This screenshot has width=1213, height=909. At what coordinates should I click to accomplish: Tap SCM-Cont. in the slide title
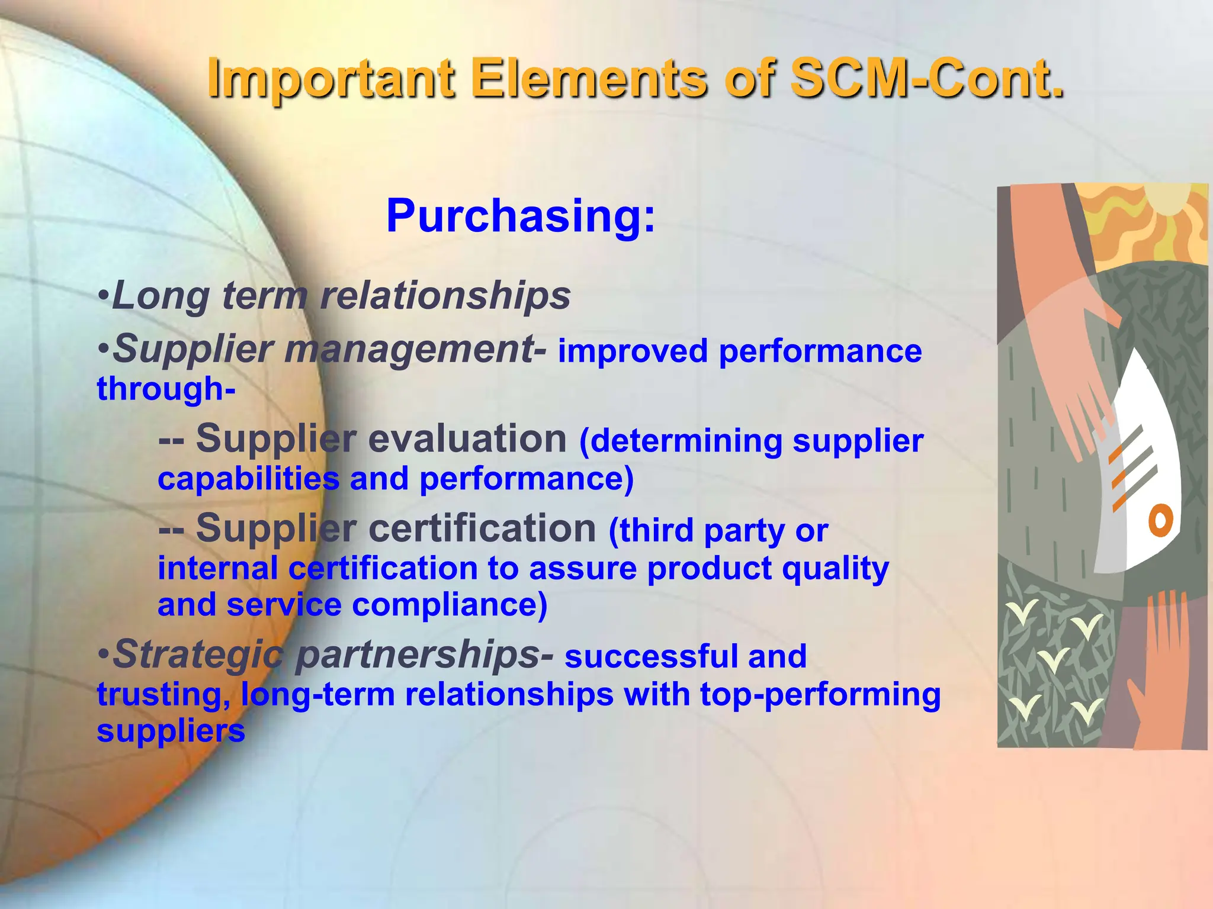click(x=927, y=79)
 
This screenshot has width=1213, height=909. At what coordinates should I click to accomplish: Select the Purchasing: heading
click(x=521, y=216)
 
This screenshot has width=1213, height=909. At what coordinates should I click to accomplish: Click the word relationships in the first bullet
click(x=445, y=295)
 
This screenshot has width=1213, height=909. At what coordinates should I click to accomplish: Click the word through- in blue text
click(x=166, y=389)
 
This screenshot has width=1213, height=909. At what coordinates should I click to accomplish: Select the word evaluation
click(x=467, y=439)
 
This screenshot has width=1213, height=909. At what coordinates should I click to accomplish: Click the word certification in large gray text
click(x=482, y=528)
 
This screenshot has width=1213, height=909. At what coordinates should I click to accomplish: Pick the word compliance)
click(x=450, y=605)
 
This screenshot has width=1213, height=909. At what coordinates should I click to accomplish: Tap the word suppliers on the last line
click(x=171, y=731)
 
